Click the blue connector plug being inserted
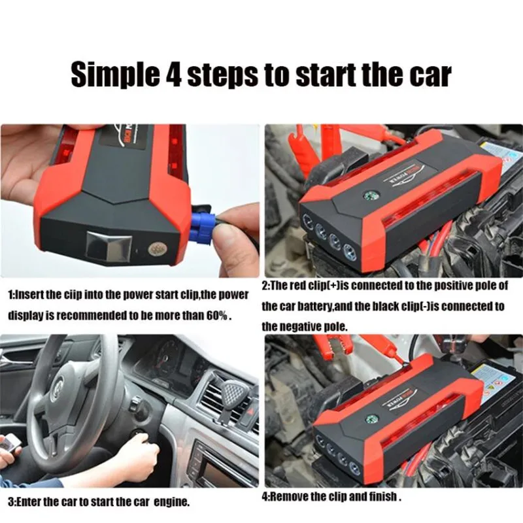203,225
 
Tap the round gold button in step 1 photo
157,249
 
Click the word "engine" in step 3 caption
172,503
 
